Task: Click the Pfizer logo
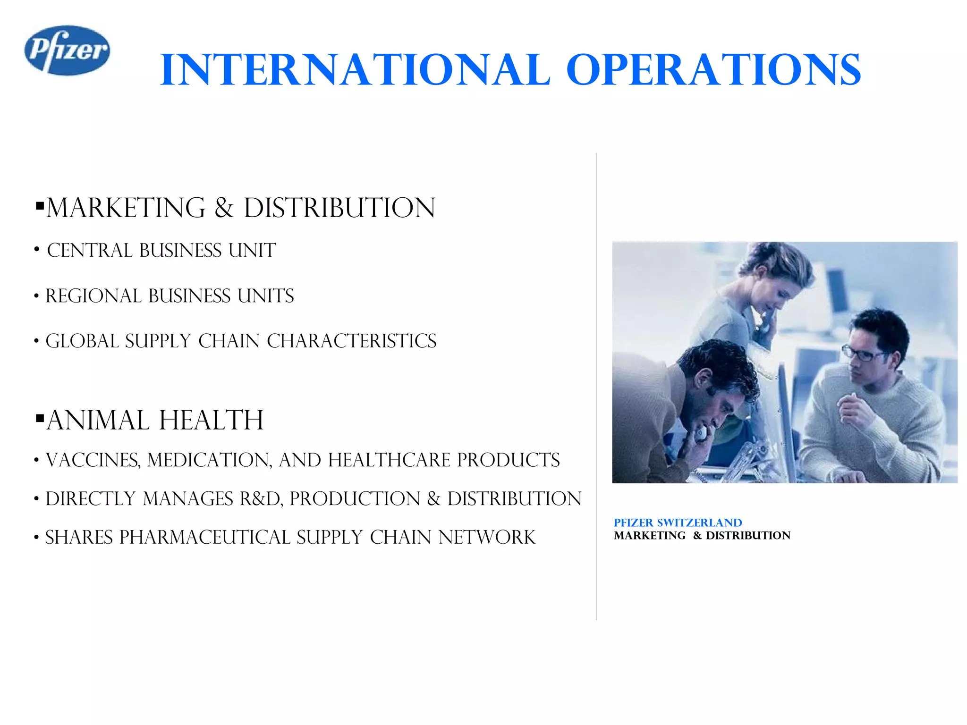point(67,51)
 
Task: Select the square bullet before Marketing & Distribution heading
point(40,206)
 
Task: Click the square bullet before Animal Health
point(40,418)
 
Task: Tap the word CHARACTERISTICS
point(351,341)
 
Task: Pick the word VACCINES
point(93,460)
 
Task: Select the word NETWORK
point(487,538)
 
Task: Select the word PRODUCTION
point(355,499)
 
